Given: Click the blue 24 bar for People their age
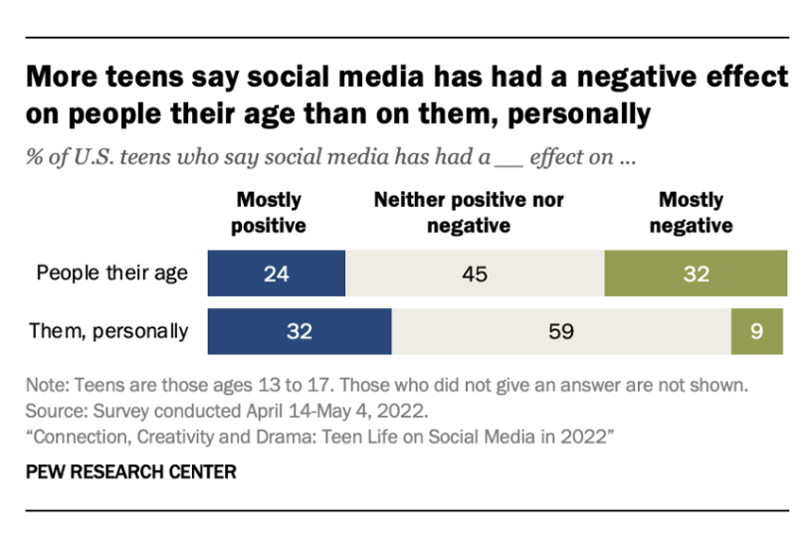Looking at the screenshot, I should tap(276, 273).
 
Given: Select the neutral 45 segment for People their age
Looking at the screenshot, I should tap(475, 273).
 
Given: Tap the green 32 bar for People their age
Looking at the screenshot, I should tap(696, 273).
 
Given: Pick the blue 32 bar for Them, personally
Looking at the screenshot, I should tap(300, 331).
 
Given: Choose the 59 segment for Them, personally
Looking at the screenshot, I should tap(561, 331).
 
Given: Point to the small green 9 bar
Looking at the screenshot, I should tap(758, 331).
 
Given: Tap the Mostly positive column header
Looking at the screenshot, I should tap(269, 213).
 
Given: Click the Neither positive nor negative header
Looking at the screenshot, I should tap(469, 213).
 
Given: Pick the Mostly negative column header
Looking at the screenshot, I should tap(692, 213).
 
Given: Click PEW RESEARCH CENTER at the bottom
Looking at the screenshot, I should tap(129, 472).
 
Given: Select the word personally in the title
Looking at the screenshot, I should tap(578, 114).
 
